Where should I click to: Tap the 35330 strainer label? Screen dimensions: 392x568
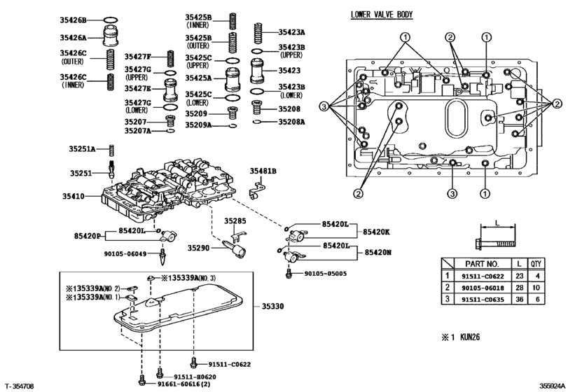[x=275, y=306]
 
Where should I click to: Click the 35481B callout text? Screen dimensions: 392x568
[x=264, y=171]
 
